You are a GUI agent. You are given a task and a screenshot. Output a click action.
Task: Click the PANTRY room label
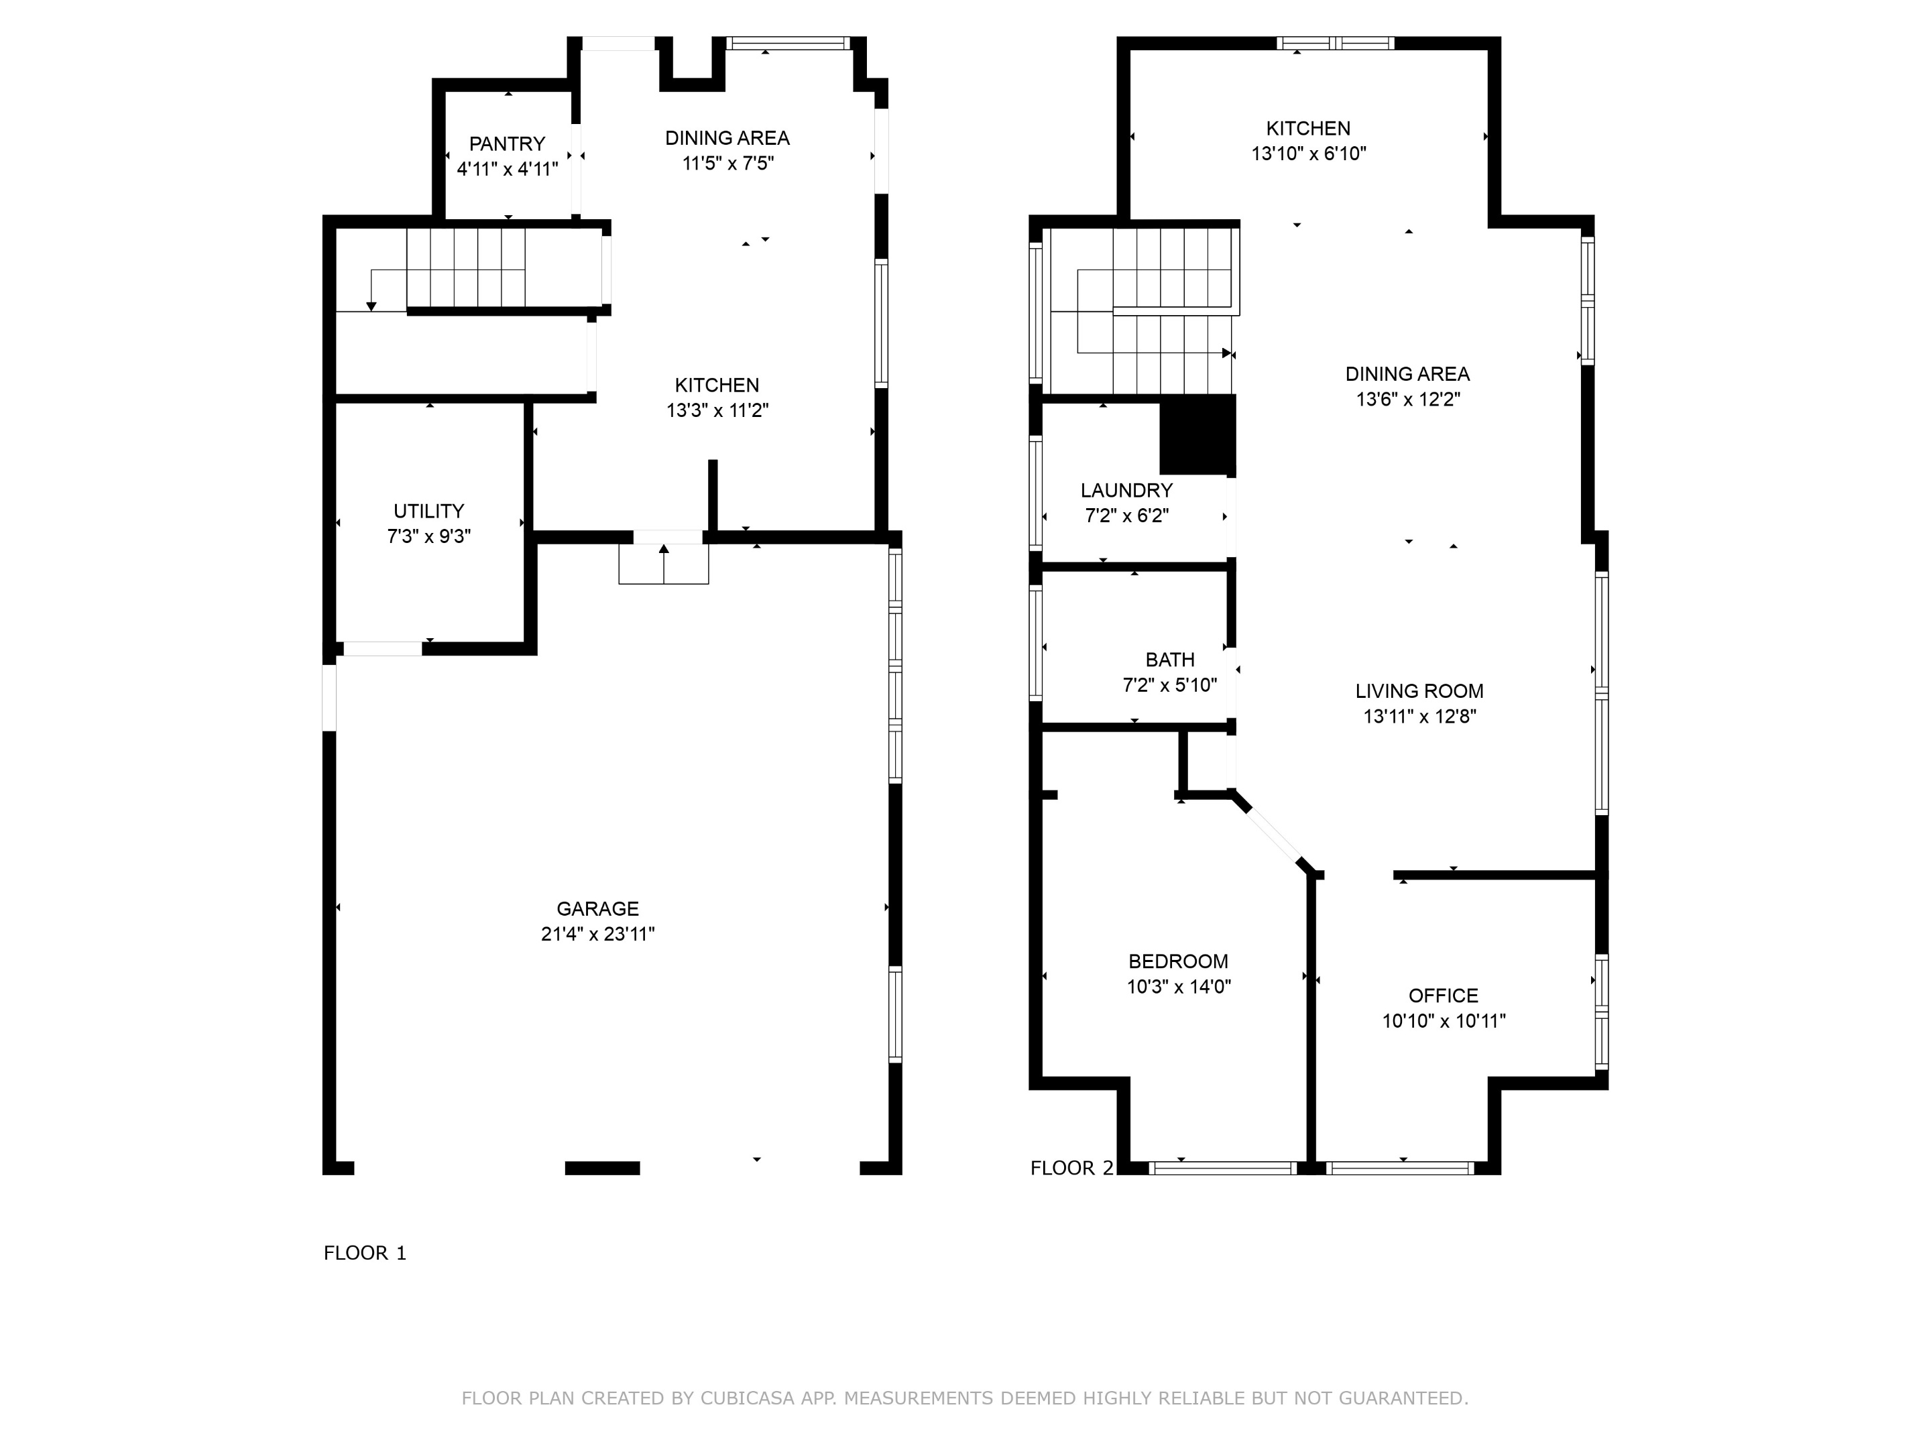pyautogui.click(x=506, y=144)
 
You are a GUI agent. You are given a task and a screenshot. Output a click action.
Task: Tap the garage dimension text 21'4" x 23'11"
pyautogui.click(x=598, y=934)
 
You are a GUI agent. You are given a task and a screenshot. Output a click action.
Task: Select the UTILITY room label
pyautogui.click(x=428, y=511)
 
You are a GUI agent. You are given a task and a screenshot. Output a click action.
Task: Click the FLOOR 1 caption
pyautogui.click(x=365, y=1254)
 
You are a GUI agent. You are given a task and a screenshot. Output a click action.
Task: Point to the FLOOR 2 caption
pyautogui.click(x=1072, y=1168)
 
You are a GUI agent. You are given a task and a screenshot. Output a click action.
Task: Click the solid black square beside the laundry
pyautogui.click(x=1197, y=434)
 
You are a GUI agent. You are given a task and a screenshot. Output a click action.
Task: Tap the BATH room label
pyautogui.click(x=1170, y=660)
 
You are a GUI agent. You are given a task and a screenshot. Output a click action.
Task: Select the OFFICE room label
pyautogui.click(x=1443, y=996)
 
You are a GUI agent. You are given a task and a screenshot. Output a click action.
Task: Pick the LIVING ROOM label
pyautogui.click(x=1419, y=691)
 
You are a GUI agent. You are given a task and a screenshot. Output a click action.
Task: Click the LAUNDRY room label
pyautogui.click(x=1126, y=491)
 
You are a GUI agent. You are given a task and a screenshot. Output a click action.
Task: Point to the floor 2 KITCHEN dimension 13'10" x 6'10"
pyautogui.click(x=1309, y=154)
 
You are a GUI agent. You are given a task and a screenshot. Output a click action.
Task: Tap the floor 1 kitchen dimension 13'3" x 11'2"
pyautogui.click(x=717, y=410)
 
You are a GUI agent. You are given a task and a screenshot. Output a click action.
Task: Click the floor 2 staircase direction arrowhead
pyautogui.click(x=1226, y=353)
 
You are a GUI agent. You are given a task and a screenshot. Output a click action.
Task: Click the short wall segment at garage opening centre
pyautogui.click(x=602, y=1168)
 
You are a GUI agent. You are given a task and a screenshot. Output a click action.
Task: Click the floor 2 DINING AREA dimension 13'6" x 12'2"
pyautogui.click(x=1407, y=400)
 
